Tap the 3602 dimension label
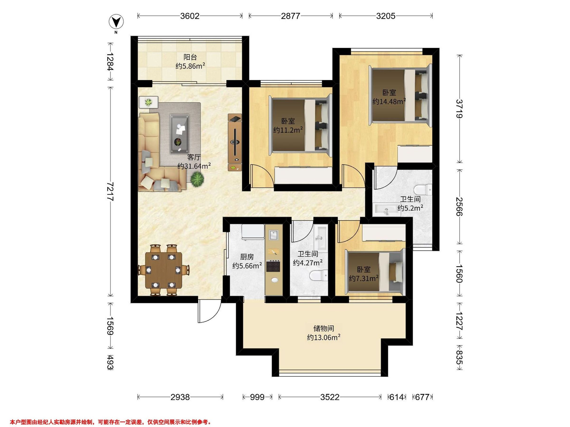click(x=190, y=16)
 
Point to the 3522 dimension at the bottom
click(x=330, y=397)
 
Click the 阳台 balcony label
click(x=190, y=57)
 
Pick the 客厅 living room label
click(x=194, y=157)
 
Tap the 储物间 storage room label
click(x=324, y=328)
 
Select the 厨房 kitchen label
click(x=247, y=257)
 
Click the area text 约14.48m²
click(x=389, y=101)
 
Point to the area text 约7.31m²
click(x=364, y=278)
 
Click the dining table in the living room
click(x=164, y=270)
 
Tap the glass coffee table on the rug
click(x=179, y=134)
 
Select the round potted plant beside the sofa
click(x=197, y=178)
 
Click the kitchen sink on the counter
click(x=274, y=235)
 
